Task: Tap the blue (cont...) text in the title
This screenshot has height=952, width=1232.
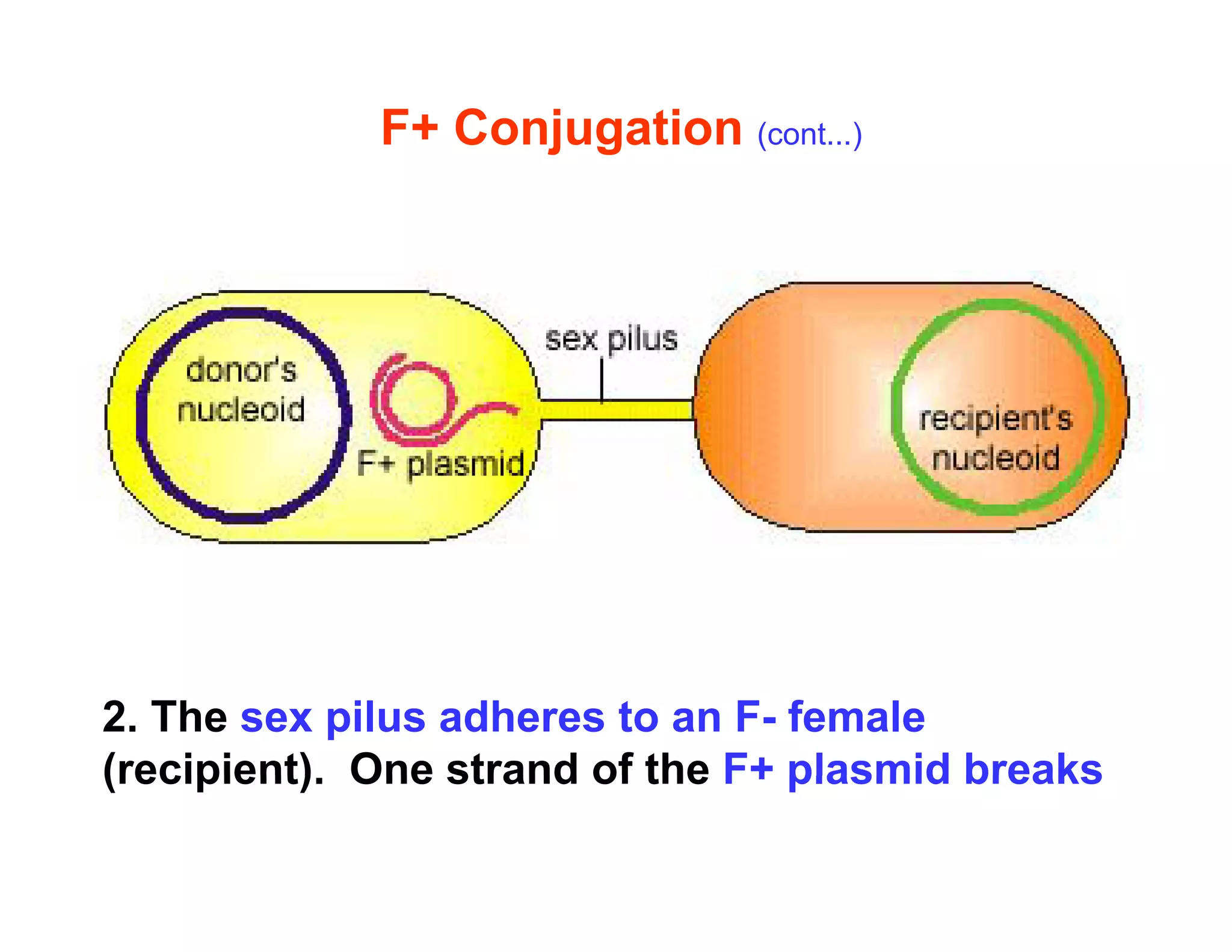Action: [x=809, y=135]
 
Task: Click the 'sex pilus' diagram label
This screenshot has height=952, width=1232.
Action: [x=611, y=339]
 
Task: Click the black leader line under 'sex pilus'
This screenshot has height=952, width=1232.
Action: [x=602, y=379]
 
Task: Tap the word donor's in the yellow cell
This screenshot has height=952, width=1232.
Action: [x=241, y=369]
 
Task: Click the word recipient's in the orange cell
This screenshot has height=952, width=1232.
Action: [x=996, y=419]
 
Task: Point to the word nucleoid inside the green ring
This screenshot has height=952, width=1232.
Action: [x=996, y=459]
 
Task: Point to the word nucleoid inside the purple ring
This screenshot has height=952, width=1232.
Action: [x=241, y=410]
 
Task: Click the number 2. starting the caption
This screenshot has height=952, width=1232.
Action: [x=120, y=717]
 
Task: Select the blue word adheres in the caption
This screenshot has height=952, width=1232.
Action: [x=522, y=717]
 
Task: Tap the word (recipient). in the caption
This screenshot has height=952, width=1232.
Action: [x=214, y=770]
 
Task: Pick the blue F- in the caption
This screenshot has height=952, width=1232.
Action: [x=755, y=717]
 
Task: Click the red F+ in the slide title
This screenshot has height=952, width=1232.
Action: [x=409, y=128]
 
